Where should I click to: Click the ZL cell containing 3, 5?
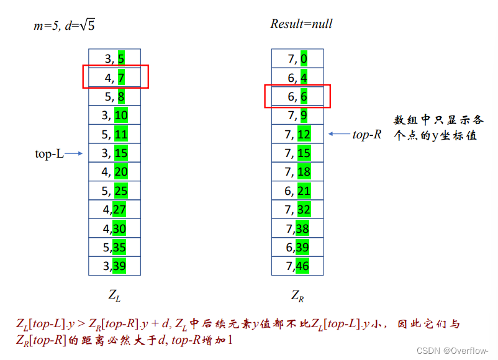114,59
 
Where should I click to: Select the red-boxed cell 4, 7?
115,78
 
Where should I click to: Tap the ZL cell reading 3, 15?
114,153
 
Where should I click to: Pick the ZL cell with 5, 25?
114,191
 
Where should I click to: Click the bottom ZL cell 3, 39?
114,266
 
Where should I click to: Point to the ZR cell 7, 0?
297,59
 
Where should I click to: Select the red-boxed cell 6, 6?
297,97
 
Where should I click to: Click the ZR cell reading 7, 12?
297,134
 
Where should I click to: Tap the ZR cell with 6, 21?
297,191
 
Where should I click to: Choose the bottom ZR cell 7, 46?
297,266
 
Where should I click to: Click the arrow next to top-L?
74,153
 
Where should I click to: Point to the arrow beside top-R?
338,134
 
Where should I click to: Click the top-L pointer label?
49,153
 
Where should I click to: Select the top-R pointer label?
366,134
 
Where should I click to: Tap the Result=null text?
301,24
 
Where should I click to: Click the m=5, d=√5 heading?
64,25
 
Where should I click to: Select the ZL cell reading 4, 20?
114,172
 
